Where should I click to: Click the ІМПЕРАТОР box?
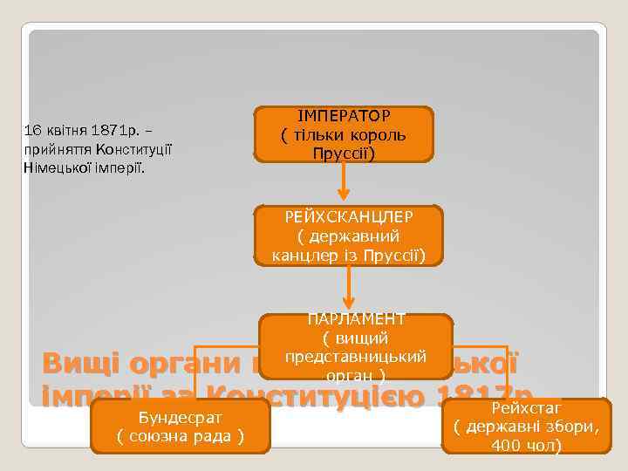pos(344,135)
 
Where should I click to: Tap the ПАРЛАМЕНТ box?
pos(355,347)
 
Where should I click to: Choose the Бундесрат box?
pos(180,426)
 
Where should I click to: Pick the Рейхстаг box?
pos(526,426)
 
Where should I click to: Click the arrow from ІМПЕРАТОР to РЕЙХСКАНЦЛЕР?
pos(344,181)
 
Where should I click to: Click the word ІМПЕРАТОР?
pos(344,116)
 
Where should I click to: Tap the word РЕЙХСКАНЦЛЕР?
pos(349,215)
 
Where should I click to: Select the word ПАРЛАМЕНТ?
pos(355,320)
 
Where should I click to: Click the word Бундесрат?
pos(180,417)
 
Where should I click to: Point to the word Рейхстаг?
pos(526,407)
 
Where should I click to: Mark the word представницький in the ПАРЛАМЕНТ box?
pos(355,357)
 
